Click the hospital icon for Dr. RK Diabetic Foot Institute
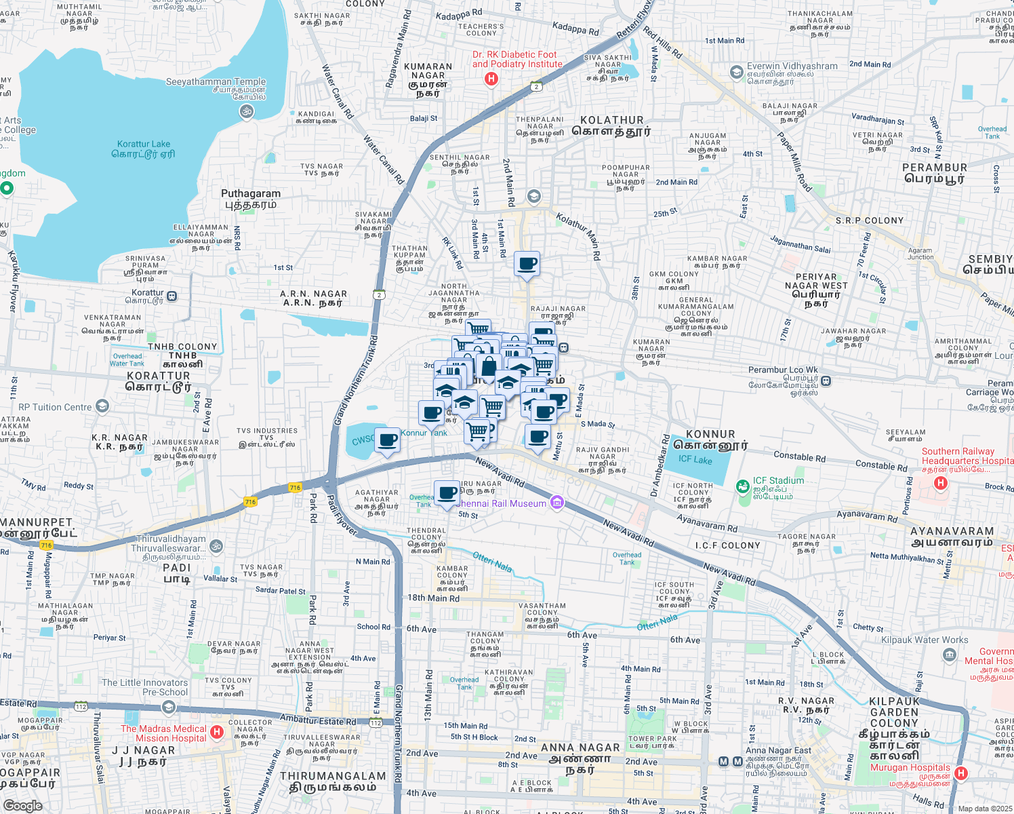coord(491,79)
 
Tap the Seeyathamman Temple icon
coord(247,111)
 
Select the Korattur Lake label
coord(144,149)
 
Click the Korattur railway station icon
coord(172,296)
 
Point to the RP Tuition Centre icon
coord(102,406)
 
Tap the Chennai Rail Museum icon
coord(556,503)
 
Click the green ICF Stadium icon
coord(743,486)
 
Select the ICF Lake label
coord(695,459)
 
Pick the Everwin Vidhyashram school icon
coord(737,72)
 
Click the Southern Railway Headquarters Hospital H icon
coord(940,483)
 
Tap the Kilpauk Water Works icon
coord(949,655)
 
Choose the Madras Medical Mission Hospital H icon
coord(217,732)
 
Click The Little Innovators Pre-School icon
coord(168,707)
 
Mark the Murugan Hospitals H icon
coord(960,773)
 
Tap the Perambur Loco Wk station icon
coord(826,381)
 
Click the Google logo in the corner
coord(22,805)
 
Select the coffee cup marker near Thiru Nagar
coord(447,492)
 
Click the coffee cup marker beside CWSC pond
coord(388,440)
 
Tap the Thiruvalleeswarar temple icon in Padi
coord(216,545)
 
